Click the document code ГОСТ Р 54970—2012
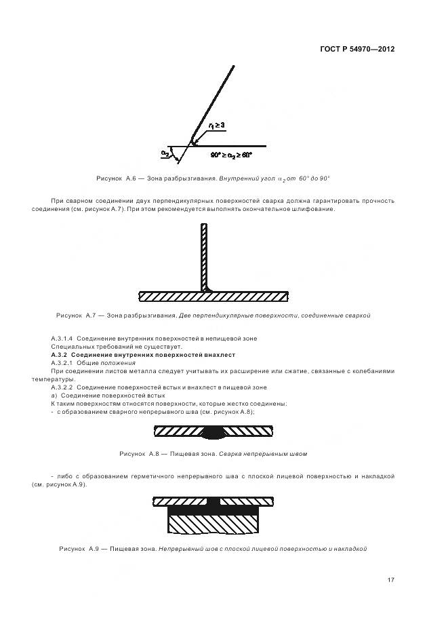pos(357,50)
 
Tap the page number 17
pos(391,579)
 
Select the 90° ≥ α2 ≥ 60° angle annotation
pos(230,155)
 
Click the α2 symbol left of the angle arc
pos(165,154)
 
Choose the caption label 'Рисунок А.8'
pos(138,453)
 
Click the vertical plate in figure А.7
pos(203,258)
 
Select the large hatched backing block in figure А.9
pos(213,524)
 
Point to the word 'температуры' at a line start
pos(49,379)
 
